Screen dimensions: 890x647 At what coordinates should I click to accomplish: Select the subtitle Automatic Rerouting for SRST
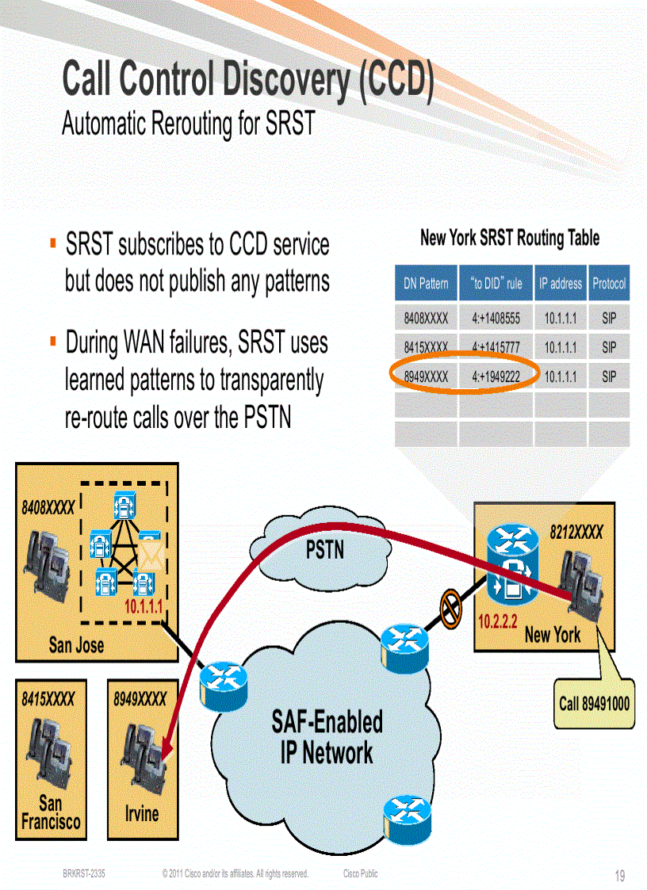click(x=189, y=124)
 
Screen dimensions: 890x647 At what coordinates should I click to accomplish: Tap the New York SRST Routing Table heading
click(x=509, y=238)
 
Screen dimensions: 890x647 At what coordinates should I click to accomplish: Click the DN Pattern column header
click(x=426, y=283)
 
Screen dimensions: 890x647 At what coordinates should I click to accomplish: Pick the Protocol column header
click(x=608, y=283)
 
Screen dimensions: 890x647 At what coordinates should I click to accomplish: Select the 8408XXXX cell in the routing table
click(x=426, y=319)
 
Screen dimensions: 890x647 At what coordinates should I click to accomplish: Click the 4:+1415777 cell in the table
click(x=496, y=347)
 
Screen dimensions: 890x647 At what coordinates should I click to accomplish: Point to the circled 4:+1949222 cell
click(x=496, y=376)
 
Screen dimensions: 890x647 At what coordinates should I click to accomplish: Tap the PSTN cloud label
click(x=325, y=548)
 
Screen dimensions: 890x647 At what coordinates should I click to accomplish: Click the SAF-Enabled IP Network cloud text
click(x=327, y=736)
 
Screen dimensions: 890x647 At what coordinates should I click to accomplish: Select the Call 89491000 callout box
click(x=595, y=702)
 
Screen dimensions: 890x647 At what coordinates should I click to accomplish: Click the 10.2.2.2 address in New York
click(x=497, y=622)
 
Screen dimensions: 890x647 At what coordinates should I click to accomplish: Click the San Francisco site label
click(x=51, y=813)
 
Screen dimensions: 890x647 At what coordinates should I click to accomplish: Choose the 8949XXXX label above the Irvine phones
click(x=140, y=699)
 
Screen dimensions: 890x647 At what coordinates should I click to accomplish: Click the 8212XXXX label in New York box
click(x=576, y=532)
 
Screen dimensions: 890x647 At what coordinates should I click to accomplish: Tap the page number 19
click(x=620, y=876)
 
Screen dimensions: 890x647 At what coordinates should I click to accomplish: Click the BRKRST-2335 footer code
click(x=84, y=874)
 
